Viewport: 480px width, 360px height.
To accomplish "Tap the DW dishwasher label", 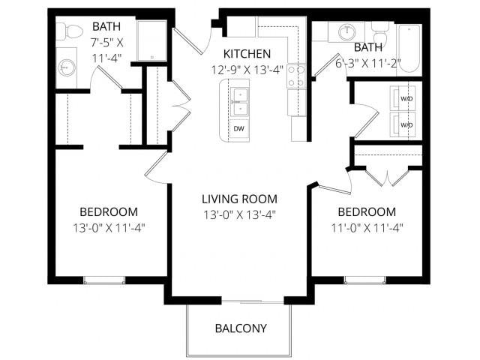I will [239, 128].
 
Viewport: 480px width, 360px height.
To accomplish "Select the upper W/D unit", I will [406, 97].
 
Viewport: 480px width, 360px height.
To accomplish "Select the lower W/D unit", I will [406, 124].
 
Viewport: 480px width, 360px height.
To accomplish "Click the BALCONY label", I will [240, 328].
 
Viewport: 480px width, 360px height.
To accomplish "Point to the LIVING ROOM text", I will [239, 199].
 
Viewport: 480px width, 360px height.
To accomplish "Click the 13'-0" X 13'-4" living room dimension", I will [239, 214].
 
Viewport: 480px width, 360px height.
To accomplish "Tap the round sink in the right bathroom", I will [348, 32].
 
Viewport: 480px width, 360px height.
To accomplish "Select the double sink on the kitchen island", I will [238, 102].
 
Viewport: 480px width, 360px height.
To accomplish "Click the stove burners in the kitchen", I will [297, 75].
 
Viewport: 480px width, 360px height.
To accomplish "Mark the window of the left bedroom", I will [104, 280].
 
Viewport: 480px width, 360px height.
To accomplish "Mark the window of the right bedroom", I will [365, 280].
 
